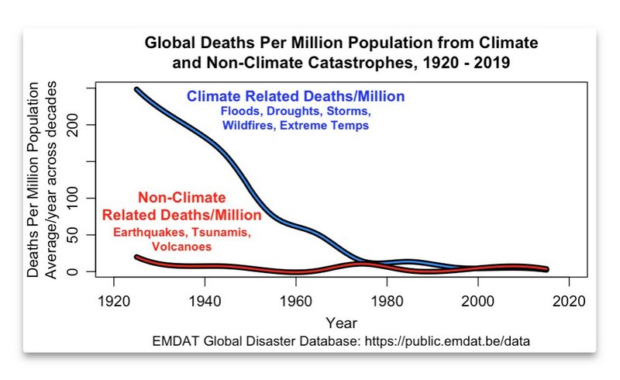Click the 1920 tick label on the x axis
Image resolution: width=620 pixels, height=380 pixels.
coord(113,301)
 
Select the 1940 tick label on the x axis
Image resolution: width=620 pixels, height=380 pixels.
coord(205,301)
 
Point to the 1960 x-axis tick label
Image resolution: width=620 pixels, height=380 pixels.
coord(295,301)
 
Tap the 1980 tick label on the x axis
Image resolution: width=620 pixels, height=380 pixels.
coord(387,301)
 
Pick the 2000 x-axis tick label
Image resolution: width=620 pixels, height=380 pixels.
coord(478,301)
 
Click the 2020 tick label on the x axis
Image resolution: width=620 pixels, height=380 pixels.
coord(569,301)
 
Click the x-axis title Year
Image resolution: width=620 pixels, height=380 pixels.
coord(341,322)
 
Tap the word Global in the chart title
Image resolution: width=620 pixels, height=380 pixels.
coord(170,42)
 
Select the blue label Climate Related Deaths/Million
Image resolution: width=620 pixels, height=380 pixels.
coord(294,97)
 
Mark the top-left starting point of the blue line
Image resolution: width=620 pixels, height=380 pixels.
coord(136,89)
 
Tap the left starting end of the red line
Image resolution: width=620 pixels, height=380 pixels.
coord(136,257)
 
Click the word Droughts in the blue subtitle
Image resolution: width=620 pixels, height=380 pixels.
coord(292,111)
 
